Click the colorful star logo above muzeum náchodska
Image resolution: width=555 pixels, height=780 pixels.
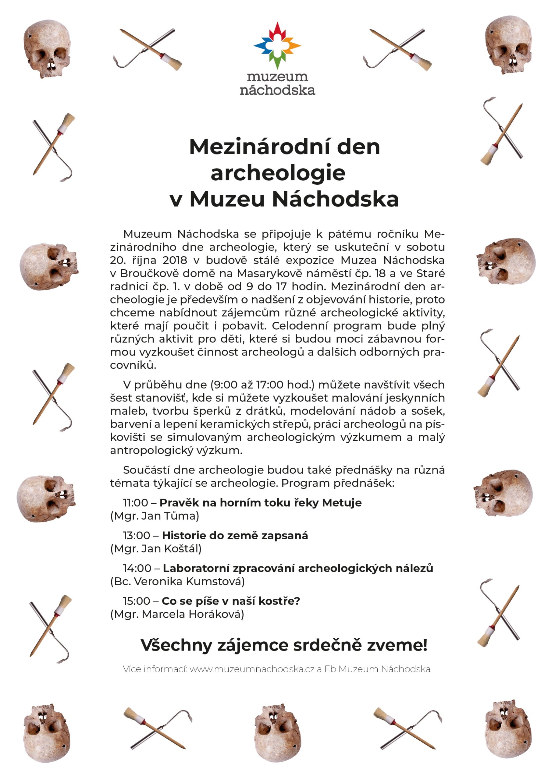point(277,45)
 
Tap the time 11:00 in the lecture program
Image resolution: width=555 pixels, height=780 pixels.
point(135,503)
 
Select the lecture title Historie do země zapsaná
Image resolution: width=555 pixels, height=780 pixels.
point(235,536)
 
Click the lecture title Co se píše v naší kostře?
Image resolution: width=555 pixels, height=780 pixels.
point(231,601)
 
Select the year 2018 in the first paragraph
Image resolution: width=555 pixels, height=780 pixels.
point(175,260)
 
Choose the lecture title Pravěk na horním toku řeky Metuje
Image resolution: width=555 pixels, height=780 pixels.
point(260,503)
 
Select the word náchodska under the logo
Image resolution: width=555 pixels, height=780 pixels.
point(277,90)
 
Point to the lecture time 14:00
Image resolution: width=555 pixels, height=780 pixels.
point(137,569)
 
